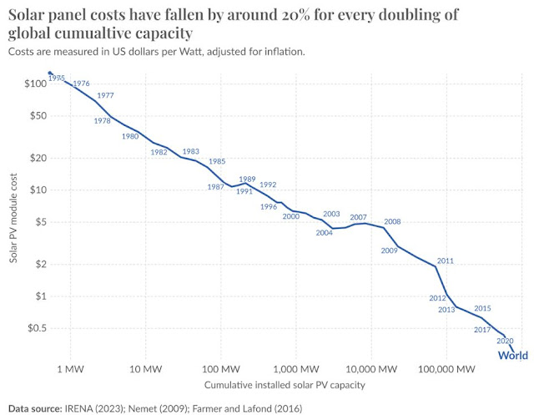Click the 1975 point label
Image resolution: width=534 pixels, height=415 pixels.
tap(57, 78)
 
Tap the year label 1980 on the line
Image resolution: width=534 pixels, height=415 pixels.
tap(130, 136)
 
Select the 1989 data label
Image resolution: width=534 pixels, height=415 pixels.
tap(247, 180)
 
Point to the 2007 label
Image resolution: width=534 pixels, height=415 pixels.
tap(359, 217)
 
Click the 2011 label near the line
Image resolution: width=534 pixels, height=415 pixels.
tap(445, 261)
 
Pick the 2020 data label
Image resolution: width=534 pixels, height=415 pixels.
tap(504, 341)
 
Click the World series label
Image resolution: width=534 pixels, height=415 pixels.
tap(512, 355)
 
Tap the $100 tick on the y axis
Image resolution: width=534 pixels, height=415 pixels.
tap(35, 84)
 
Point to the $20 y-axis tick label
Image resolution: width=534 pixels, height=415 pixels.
tap(38, 158)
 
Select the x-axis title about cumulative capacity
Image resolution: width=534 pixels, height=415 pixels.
tap(285, 386)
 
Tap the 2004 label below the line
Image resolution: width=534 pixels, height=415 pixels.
tap(325, 232)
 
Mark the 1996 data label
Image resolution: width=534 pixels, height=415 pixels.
tap(269, 206)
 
